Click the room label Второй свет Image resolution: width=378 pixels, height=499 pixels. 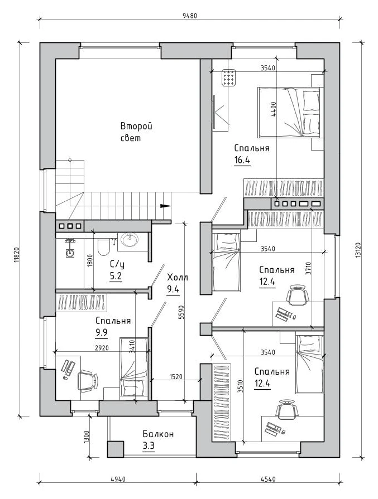tap(136, 132)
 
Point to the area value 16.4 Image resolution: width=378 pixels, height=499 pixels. tap(242, 160)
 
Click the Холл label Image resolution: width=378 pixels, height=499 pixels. tap(178, 278)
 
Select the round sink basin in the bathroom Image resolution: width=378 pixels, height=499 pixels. tap(130, 240)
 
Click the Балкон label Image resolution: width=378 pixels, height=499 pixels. tap(158, 434)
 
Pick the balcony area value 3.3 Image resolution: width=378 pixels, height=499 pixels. tap(149, 446)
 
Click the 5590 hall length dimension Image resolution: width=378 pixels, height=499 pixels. tap(181, 313)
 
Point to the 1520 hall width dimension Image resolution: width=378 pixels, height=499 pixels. tap(176, 377)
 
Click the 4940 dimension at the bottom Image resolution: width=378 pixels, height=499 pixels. tap(118, 479)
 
